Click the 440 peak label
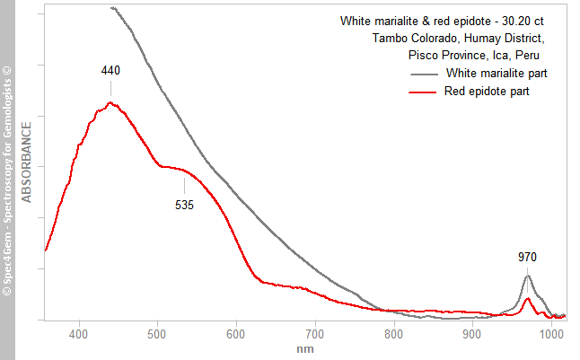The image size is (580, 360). [111, 70]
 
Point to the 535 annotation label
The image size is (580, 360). [184, 204]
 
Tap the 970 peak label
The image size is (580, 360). [528, 258]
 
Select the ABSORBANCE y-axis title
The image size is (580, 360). [27, 162]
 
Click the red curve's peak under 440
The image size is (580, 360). [110, 102]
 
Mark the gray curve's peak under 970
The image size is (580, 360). [528, 276]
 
